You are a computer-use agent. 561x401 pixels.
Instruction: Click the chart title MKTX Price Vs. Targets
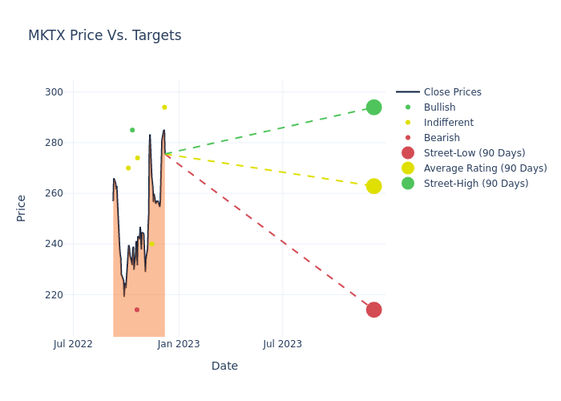click(104, 35)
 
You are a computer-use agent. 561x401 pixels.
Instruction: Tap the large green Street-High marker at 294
click(373, 107)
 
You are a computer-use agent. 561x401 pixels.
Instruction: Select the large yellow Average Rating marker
click(373, 186)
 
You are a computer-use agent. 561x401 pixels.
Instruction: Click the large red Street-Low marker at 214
click(373, 310)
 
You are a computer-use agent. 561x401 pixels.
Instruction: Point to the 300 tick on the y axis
click(54, 92)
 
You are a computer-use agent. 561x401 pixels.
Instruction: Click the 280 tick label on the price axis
click(54, 143)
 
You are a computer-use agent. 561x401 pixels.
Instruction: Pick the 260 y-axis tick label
click(54, 193)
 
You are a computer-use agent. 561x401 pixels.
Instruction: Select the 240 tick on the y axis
click(54, 244)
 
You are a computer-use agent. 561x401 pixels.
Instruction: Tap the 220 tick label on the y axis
click(54, 294)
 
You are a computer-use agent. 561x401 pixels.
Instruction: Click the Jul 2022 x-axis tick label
click(73, 344)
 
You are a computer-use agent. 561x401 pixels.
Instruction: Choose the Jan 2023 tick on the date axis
click(178, 344)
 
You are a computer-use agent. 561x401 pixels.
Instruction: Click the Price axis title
click(21, 208)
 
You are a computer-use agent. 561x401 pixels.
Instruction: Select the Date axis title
click(224, 366)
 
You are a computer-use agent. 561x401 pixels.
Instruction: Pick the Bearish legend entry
click(442, 138)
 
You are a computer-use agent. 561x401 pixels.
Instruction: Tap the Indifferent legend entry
click(448, 123)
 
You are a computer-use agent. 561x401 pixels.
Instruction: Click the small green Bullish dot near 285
click(132, 130)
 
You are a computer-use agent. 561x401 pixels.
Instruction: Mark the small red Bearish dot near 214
click(137, 310)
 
